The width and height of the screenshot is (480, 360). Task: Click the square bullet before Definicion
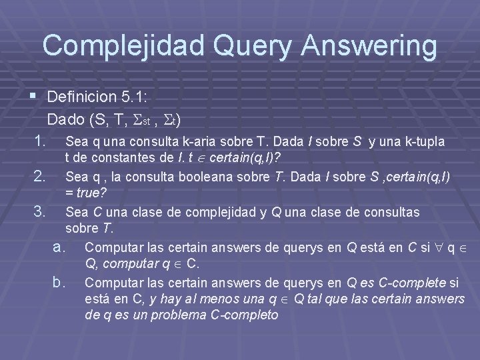coord(33,97)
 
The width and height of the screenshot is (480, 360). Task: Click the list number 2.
coord(40,177)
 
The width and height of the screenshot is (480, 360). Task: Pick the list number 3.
coord(40,212)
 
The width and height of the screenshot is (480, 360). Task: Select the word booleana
coord(198,177)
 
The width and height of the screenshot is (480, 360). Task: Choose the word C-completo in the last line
coord(241,314)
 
